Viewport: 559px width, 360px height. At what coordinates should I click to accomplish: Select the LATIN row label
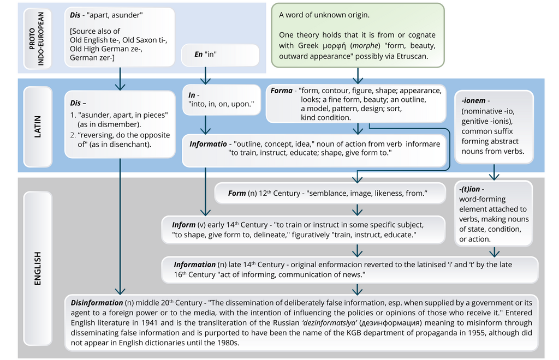click(x=38, y=127)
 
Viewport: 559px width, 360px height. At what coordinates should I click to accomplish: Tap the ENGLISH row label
click(x=38, y=268)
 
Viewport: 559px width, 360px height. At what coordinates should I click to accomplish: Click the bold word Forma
click(x=281, y=91)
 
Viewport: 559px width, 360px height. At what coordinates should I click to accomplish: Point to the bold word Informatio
click(x=208, y=144)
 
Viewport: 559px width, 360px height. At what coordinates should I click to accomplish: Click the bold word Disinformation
click(x=97, y=303)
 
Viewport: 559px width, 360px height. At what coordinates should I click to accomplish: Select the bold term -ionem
click(x=473, y=101)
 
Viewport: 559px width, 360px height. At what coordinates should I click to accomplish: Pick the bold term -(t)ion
click(x=469, y=189)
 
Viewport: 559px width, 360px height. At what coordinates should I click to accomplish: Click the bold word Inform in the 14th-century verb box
click(x=183, y=225)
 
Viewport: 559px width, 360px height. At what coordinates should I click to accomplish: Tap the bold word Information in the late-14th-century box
click(x=195, y=265)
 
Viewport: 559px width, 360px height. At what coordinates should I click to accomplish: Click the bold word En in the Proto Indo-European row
click(x=199, y=54)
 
